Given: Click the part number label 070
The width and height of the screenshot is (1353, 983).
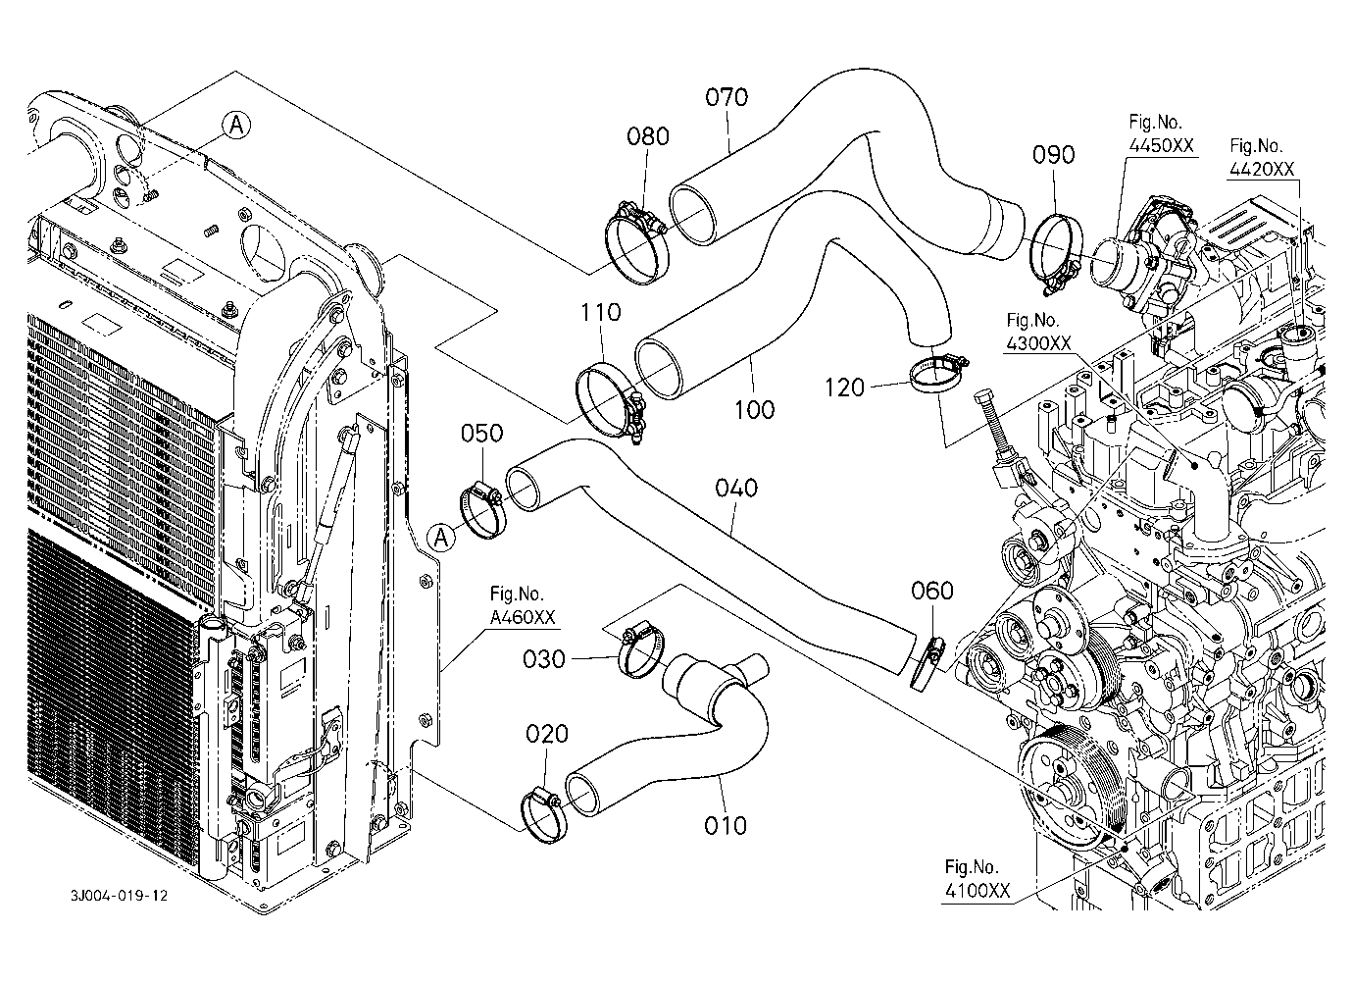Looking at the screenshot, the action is pos(727,97).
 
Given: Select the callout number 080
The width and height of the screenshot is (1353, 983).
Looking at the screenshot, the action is pos(647,136).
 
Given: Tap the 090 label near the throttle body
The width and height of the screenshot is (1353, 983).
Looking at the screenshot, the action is pos(1053,155).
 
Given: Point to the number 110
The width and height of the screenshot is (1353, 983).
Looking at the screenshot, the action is pos(600,312).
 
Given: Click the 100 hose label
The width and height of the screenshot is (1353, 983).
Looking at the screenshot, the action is pos(754,410).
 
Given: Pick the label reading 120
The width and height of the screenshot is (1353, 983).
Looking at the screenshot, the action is pos(844,388).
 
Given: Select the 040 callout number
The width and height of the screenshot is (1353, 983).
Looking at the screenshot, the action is pos(736,488).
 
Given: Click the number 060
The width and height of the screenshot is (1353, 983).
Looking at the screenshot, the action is pos(932,590).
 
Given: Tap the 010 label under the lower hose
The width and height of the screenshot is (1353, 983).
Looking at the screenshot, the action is pos(726,825).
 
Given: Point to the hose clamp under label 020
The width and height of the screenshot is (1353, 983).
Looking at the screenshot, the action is pos(543,817).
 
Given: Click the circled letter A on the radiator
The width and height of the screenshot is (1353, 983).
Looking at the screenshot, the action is pos(236,126).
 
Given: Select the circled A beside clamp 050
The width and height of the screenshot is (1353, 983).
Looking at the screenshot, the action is pos(441,537).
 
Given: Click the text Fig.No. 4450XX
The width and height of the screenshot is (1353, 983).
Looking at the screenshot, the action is pos(1161,134).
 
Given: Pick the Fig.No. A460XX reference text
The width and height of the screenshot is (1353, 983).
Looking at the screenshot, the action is pos(522,605).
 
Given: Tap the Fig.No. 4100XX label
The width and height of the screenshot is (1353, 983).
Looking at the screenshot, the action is pos(977,878).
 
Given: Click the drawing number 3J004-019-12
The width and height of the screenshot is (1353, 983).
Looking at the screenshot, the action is pos(119,896).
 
